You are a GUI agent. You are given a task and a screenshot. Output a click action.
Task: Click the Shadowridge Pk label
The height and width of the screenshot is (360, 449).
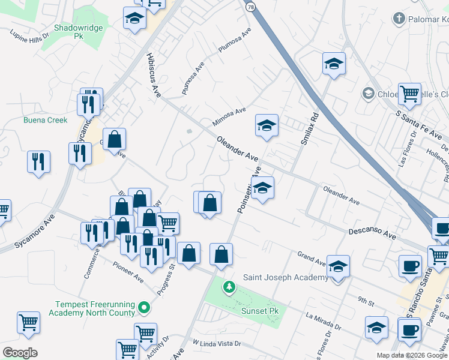79,32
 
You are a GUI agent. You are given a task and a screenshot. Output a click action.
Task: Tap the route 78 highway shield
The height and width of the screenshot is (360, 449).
250,5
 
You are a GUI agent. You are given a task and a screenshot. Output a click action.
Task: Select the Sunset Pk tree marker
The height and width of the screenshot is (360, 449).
228,287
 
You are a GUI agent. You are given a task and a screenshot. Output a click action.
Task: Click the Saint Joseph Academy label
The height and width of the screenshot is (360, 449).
285,277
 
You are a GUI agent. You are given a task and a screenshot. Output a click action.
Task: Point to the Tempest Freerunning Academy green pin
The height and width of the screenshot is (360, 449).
143,308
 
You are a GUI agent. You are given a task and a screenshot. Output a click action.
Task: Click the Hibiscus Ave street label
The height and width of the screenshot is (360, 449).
154,74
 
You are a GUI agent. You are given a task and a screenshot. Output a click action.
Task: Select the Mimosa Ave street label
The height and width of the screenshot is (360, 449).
229,117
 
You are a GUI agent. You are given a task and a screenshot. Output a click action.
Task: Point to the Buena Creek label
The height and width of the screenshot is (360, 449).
46,120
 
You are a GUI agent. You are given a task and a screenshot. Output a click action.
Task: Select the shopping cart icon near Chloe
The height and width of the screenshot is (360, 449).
409,94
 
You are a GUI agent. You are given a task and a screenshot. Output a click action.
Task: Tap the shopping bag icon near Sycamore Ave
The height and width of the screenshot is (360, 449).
114,140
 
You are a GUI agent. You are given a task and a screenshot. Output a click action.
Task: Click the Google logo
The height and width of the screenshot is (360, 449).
20,353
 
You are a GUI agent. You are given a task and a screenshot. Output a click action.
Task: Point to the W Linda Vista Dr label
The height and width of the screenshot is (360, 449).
216,344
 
